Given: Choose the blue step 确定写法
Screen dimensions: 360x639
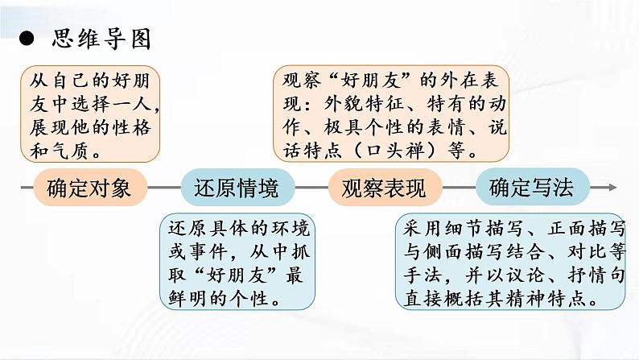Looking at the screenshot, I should (530, 188).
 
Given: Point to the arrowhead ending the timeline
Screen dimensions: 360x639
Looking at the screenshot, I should (613, 188).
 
